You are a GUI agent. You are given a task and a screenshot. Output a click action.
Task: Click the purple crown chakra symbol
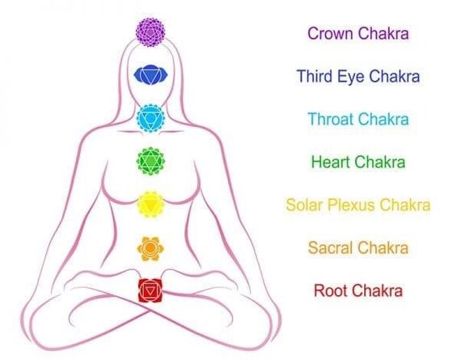tap(150, 32)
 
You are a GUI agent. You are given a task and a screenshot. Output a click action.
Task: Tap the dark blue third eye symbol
tap(150, 74)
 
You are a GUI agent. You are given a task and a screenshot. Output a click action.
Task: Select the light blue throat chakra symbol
tap(150, 118)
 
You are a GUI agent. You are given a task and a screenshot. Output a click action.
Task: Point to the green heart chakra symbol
tap(150, 161)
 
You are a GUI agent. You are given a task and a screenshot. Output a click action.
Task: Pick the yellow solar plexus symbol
tap(150, 205)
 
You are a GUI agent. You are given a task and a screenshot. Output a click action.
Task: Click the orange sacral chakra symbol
tap(150, 248)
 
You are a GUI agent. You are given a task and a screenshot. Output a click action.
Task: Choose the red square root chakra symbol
tap(150, 290)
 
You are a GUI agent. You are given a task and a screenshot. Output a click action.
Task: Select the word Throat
tap(331, 119)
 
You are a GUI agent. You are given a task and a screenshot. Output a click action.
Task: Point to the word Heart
tap(331, 162)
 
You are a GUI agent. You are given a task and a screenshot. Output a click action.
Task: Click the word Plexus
tap(352, 205)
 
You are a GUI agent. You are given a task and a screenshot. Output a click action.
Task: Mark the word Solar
tap(305, 205)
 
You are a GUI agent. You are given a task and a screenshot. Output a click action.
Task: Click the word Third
tap(315, 76)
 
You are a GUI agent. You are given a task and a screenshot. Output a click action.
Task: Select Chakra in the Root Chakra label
tap(377, 290)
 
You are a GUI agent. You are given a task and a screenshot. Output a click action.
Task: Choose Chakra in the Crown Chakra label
tap(383, 33)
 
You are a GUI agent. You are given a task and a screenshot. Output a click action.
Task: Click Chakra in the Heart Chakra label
tap(380, 162)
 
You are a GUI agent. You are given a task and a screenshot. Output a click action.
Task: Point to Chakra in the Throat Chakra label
tap(383, 119)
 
